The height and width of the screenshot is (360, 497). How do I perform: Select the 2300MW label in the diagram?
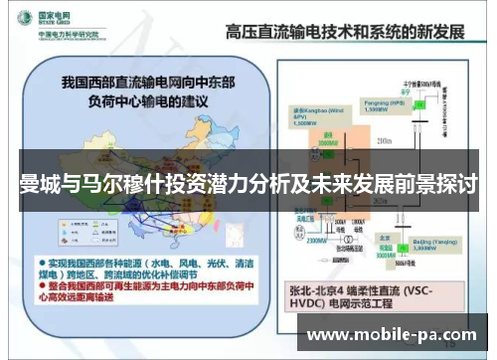click(x=318, y=240)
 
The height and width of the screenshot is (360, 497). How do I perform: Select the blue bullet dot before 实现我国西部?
click(x=30, y=255)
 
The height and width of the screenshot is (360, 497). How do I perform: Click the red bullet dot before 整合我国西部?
click(x=30, y=282)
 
